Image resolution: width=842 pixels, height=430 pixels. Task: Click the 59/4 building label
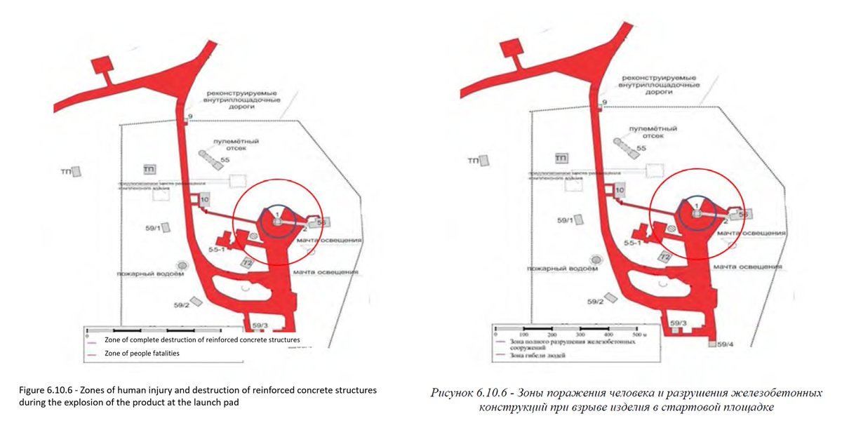[x=726, y=344]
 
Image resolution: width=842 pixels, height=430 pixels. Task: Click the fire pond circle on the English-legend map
[x=182, y=265]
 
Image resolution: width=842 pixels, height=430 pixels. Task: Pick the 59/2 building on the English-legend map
[x=197, y=300]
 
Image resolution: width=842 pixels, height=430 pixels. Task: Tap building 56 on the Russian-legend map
[x=744, y=213]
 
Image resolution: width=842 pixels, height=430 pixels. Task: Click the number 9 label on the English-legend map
[x=189, y=116]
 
